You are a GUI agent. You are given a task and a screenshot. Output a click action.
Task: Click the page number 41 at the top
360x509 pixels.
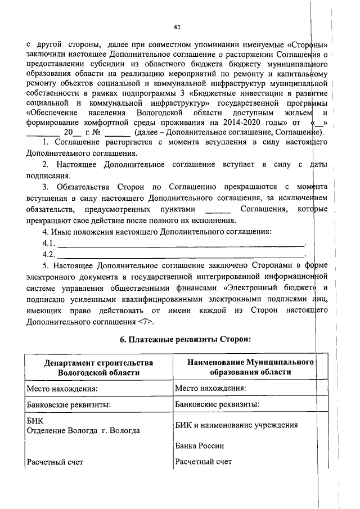pyautogui.click(x=177, y=26)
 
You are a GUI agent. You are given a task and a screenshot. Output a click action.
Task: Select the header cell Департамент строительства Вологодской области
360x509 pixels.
pyautogui.click(x=98, y=367)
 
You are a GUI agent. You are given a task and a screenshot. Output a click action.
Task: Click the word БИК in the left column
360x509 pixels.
pyautogui.click(x=34, y=420)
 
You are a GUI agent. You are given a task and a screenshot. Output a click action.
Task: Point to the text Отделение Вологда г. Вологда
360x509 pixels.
pyautogui.click(x=84, y=430)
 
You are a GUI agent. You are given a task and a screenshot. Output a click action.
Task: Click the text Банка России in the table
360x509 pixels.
pyautogui.click(x=200, y=446)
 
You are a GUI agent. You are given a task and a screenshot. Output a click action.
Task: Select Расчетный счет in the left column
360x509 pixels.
pyautogui.click(x=55, y=462)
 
